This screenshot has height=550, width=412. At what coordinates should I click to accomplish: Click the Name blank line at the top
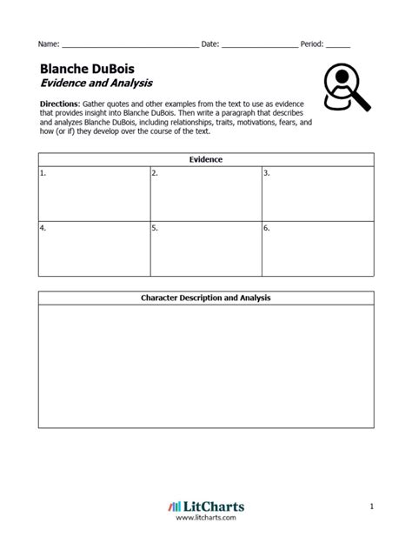point(130,44)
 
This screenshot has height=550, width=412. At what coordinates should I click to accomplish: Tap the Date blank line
point(259,44)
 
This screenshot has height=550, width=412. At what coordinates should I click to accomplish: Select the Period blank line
point(338,44)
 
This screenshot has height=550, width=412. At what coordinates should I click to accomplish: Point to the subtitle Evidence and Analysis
point(96,84)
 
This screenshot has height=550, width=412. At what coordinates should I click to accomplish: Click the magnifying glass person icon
point(345,88)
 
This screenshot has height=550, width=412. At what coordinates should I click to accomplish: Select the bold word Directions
point(60,103)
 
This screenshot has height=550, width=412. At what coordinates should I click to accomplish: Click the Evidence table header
point(206,160)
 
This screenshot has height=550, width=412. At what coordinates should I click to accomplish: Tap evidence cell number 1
point(93,193)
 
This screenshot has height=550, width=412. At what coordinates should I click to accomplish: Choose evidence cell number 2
point(205,193)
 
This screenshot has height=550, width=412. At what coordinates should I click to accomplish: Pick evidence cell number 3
point(317,193)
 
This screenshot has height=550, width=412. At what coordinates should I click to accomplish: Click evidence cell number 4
point(93,248)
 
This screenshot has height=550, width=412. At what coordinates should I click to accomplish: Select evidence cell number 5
point(205,248)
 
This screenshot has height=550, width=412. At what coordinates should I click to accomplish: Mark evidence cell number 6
point(317,248)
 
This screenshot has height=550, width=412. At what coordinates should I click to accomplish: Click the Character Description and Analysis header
point(206,298)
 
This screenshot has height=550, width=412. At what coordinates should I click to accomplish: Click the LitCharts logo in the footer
point(205,506)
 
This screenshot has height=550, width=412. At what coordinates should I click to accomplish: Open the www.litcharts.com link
point(206,519)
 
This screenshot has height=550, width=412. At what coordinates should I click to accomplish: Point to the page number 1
point(371,506)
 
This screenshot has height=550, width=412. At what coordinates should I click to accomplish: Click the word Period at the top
point(311,44)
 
